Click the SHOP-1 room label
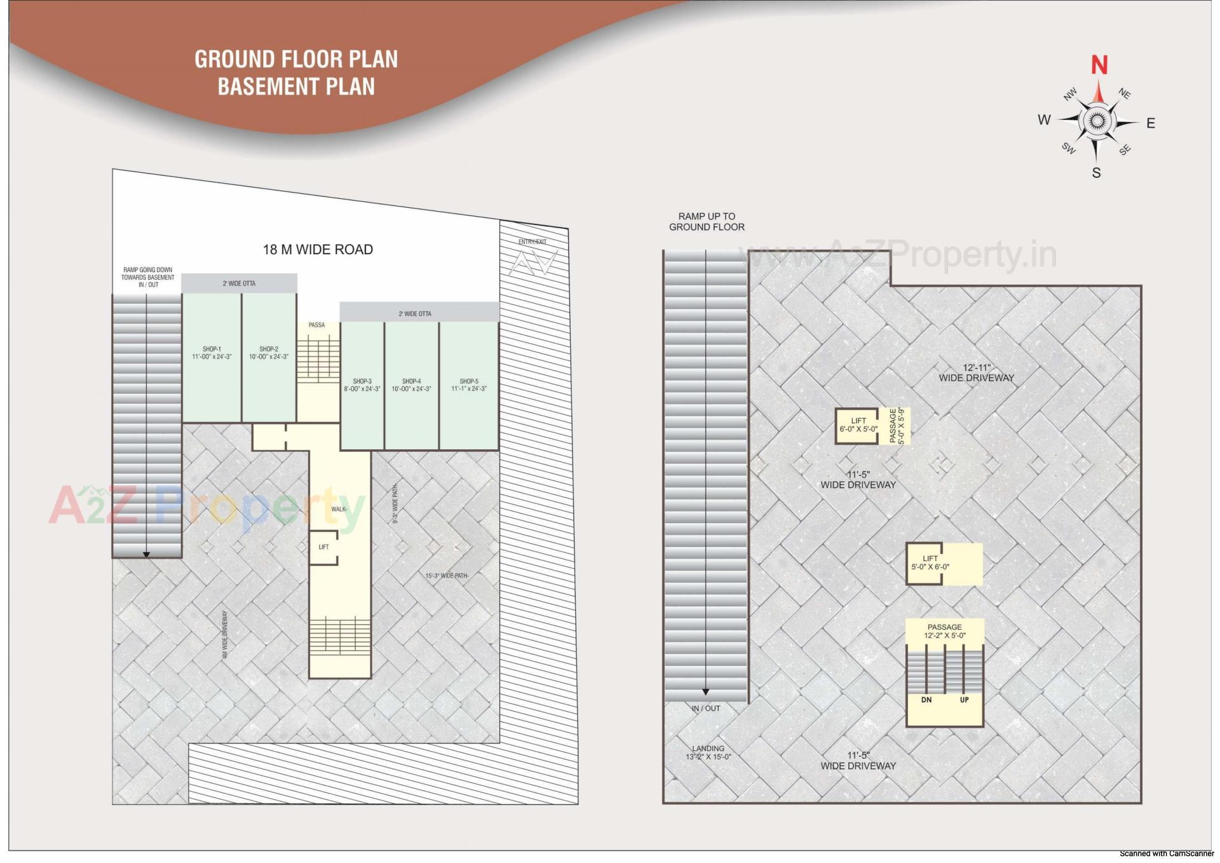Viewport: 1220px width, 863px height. [212, 353]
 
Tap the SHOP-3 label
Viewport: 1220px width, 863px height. [362, 385]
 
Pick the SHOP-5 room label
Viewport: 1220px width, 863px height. [469, 385]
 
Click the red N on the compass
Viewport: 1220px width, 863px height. [1099, 65]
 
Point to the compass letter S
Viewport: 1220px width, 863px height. [1096, 173]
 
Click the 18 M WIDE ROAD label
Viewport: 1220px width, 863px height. [318, 250]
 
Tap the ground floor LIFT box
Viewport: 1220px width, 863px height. [323, 547]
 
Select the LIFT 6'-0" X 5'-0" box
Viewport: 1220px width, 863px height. [858, 425]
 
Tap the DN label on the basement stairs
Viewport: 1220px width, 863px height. [926, 700]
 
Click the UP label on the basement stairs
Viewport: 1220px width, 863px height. [964, 700]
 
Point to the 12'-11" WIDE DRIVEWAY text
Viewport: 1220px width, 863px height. [977, 373]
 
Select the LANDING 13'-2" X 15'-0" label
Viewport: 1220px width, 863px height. [708, 752]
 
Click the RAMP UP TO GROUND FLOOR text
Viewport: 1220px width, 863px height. [707, 221]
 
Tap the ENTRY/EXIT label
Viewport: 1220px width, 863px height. [532, 241]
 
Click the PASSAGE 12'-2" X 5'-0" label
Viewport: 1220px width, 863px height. [944, 631]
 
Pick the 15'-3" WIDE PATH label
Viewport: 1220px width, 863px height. [447, 576]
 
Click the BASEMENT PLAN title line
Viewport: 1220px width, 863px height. [296, 86]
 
